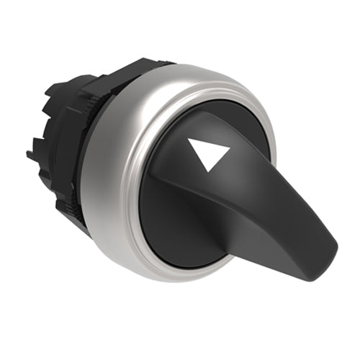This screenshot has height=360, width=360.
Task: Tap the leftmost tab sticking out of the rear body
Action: click(30, 153)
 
